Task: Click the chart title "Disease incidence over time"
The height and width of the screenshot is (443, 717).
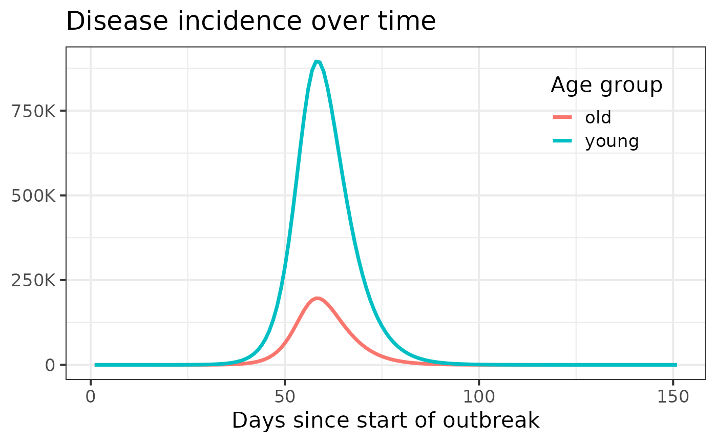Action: tap(250, 22)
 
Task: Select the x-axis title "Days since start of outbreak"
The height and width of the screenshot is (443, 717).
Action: tap(386, 420)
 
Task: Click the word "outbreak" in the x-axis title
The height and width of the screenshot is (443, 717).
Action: tap(495, 420)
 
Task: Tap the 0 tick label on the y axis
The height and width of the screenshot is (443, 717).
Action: tap(50, 365)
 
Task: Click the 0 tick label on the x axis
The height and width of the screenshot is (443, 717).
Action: tap(91, 397)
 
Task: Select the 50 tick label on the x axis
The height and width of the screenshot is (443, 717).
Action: tap(285, 397)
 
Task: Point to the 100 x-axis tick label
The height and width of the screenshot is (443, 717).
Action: tap(479, 397)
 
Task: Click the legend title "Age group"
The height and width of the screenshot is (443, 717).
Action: tap(606, 86)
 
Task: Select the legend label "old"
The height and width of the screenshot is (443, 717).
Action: tap(598, 118)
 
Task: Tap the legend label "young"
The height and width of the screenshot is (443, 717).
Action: tap(612, 141)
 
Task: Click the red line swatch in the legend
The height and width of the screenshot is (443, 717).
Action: tap(562, 118)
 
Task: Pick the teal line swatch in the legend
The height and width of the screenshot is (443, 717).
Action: tap(562, 141)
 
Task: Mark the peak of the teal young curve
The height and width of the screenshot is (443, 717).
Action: tap(317, 62)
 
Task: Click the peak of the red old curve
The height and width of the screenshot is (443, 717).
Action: tap(318, 299)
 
